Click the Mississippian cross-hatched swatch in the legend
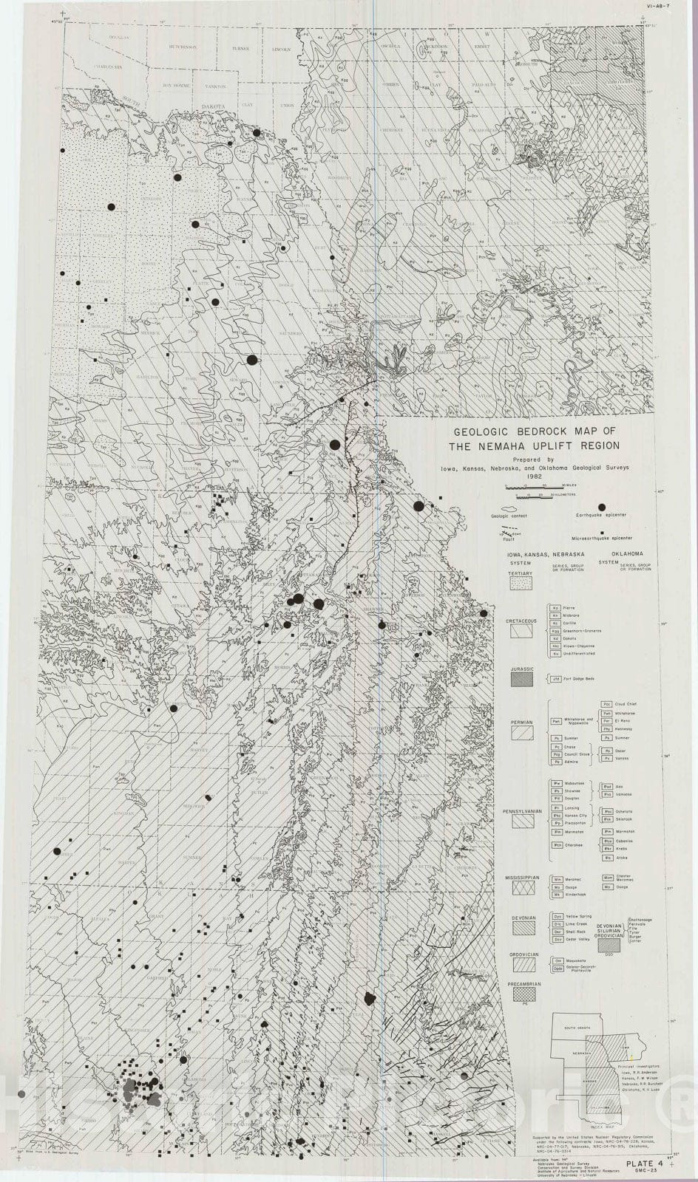524,884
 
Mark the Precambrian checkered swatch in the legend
524,994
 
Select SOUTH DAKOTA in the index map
580,1028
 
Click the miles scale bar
530,486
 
